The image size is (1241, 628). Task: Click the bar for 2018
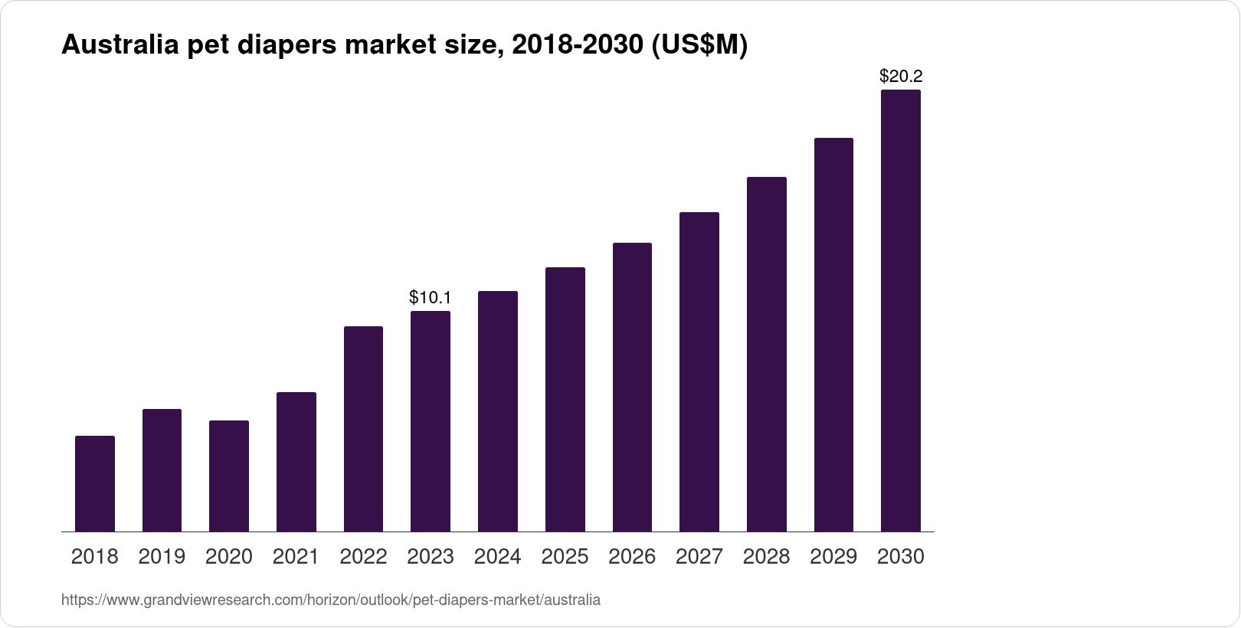pyautogui.click(x=95, y=484)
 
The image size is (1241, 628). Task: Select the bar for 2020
pyautogui.click(x=229, y=476)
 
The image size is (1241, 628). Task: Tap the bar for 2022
pyautogui.click(x=363, y=429)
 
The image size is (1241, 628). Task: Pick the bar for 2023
pyautogui.click(x=431, y=421)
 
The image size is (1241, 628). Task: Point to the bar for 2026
pyautogui.click(x=632, y=388)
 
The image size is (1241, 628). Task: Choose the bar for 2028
pyautogui.click(x=766, y=355)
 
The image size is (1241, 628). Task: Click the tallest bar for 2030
pyautogui.click(x=901, y=311)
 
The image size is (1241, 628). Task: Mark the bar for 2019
pyautogui.click(x=162, y=470)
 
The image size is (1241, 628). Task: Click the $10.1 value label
pyautogui.click(x=431, y=297)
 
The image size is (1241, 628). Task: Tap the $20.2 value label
pyautogui.click(x=901, y=77)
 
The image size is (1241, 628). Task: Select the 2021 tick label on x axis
pyautogui.click(x=296, y=557)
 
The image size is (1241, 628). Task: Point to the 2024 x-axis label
pyautogui.click(x=497, y=557)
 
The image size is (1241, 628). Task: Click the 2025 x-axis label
pyautogui.click(x=565, y=557)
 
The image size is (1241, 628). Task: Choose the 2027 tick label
pyautogui.click(x=699, y=557)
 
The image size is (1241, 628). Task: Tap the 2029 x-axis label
pyautogui.click(x=833, y=557)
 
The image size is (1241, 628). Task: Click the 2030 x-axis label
pyautogui.click(x=901, y=557)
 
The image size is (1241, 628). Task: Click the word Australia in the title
pyautogui.click(x=119, y=46)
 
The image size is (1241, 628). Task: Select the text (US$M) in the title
pyautogui.click(x=698, y=46)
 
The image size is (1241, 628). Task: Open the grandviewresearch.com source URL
pyautogui.click(x=330, y=600)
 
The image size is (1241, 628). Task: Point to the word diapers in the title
pyautogui.click(x=286, y=46)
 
